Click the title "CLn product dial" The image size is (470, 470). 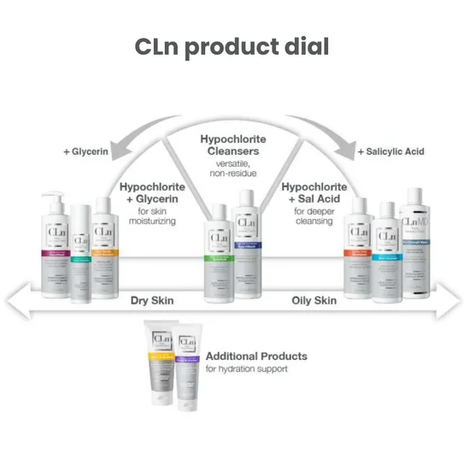coord(232,47)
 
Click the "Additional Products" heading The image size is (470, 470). coord(256,355)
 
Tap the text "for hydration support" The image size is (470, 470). coord(249,369)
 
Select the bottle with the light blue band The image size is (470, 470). coord(385,252)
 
